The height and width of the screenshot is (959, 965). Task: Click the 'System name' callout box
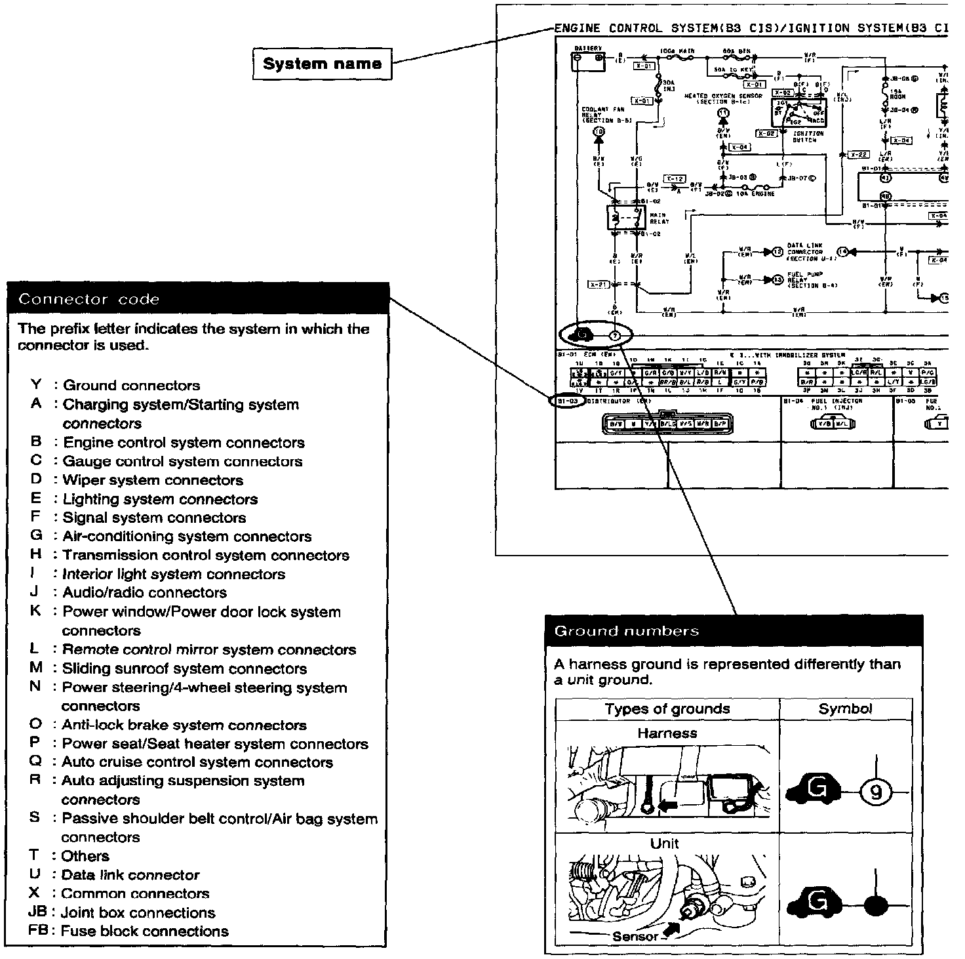pos(321,64)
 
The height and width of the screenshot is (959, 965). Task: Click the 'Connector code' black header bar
pos(197,299)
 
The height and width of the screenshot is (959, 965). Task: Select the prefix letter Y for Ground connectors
pos(36,385)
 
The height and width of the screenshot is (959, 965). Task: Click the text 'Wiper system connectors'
pos(153,480)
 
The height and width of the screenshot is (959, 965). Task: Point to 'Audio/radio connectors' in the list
pos(144,593)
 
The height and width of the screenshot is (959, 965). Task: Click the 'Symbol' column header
pos(845,709)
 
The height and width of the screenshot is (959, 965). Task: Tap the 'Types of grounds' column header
pos(667,709)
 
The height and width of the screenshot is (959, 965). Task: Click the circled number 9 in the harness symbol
pos(876,793)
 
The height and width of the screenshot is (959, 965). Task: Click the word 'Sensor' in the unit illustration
pos(635,936)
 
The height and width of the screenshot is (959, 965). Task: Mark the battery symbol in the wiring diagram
pos(588,61)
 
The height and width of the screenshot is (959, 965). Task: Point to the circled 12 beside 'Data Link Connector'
pos(778,251)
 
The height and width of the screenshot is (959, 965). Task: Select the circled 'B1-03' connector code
pos(566,401)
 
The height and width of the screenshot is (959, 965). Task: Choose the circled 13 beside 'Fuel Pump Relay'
pos(778,279)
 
